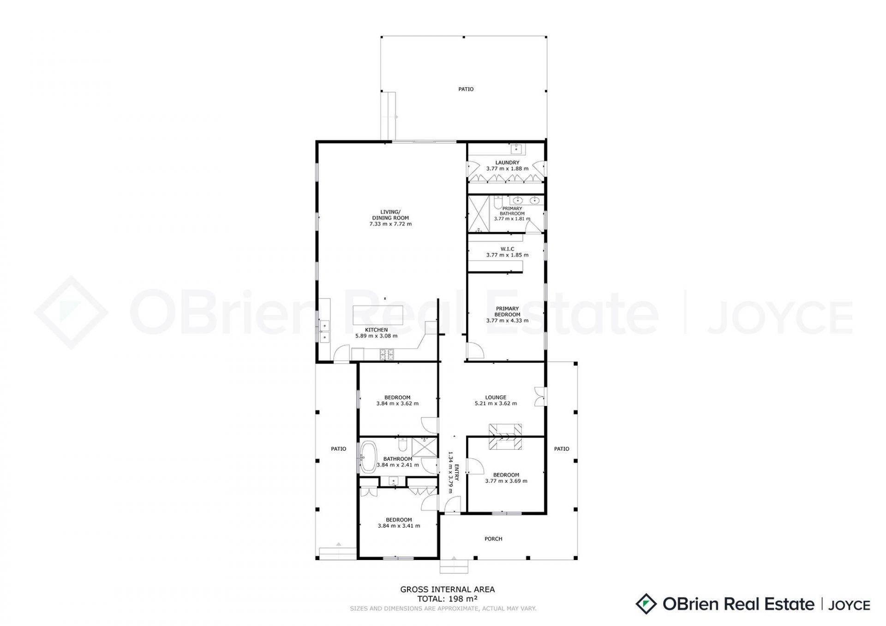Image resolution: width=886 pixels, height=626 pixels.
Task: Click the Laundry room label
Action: (x=507, y=162)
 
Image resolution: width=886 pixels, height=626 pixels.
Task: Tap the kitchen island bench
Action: (x=378, y=315)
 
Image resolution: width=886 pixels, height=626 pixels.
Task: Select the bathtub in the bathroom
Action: (x=368, y=457)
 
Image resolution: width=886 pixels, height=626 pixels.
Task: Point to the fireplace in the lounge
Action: (x=505, y=436)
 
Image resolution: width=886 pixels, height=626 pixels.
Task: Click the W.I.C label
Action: (x=507, y=249)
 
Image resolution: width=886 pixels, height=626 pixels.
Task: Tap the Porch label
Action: (x=493, y=539)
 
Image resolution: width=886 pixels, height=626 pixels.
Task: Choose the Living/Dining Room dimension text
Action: (x=390, y=224)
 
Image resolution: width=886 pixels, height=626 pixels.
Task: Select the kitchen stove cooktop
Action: (x=387, y=355)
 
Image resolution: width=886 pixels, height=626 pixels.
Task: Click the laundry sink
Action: (x=516, y=149)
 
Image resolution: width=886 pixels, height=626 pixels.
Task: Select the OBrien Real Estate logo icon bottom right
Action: (x=646, y=604)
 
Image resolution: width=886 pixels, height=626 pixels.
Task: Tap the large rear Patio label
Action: (x=466, y=89)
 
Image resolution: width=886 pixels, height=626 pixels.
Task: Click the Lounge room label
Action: (x=496, y=397)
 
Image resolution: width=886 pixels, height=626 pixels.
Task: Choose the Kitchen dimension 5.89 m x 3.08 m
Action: (x=376, y=336)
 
